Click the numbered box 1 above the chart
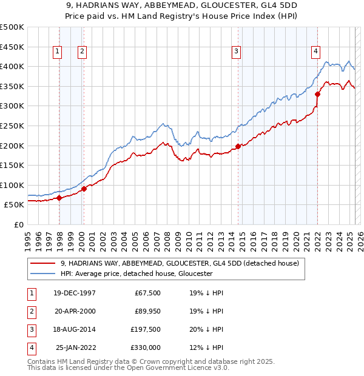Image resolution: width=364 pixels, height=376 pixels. click(x=57, y=52)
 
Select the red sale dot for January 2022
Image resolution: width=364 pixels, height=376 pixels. click(x=317, y=94)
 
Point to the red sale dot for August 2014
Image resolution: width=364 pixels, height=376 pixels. click(x=238, y=146)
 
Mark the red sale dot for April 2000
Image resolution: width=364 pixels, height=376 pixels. click(x=84, y=189)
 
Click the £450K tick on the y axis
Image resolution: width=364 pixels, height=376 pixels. click(x=12, y=47)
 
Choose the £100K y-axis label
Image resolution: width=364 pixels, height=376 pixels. click(x=12, y=185)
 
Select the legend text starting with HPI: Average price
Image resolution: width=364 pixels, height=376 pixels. click(x=136, y=274)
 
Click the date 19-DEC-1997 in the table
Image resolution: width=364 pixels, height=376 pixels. click(x=75, y=293)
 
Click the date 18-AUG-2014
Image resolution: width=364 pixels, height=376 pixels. click(x=75, y=329)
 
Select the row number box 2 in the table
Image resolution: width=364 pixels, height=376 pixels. click(x=31, y=311)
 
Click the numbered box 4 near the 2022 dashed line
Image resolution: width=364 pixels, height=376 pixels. click(x=316, y=52)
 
